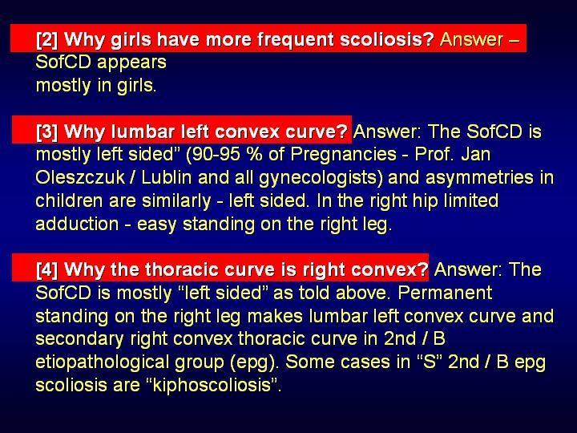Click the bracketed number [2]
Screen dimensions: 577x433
(46, 39)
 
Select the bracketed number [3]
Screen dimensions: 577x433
(46, 132)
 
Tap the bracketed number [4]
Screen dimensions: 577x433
(46, 269)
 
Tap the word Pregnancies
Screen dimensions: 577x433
(343, 155)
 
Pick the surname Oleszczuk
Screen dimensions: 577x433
(80, 178)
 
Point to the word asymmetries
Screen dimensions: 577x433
(478, 178)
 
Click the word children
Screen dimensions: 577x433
(70, 200)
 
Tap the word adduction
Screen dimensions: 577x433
(77, 224)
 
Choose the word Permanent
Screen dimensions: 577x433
(445, 293)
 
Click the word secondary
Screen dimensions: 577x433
(79, 339)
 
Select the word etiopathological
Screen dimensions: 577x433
(103, 362)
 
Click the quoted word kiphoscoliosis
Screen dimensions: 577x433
(212, 386)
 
